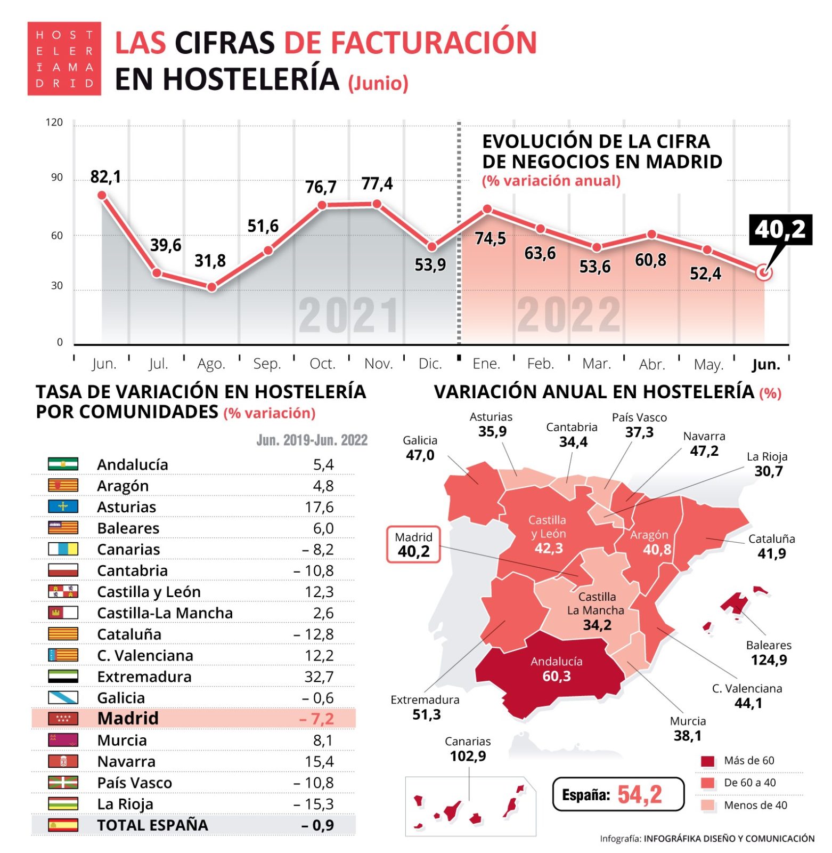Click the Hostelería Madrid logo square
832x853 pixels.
(x=64, y=59)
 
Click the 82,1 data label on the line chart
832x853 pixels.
(x=105, y=176)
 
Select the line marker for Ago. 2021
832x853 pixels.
(x=211, y=287)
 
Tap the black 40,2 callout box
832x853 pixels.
(x=780, y=230)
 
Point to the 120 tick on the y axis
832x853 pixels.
(x=54, y=123)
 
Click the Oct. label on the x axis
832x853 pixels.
(x=322, y=364)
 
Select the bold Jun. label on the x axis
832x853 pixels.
(x=765, y=365)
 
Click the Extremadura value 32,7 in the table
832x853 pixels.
(x=319, y=677)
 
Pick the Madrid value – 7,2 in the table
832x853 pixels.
(x=316, y=719)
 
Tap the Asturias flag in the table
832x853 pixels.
(x=63, y=506)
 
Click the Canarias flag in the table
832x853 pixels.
(x=63, y=549)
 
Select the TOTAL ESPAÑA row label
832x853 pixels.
(x=152, y=825)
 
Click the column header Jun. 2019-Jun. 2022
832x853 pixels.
(x=312, y=440)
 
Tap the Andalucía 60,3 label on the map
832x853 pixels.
(x=556, y=669)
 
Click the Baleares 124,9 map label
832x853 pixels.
(x=768, y=653)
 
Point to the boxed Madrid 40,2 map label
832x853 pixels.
(x=413, y=544)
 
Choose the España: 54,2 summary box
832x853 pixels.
(x=617, y=794)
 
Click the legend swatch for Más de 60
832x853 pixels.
(x=707, y=761)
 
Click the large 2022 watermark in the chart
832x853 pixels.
(x=568, y=315)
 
